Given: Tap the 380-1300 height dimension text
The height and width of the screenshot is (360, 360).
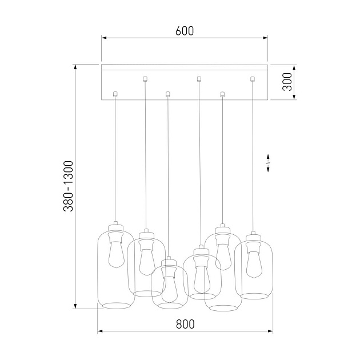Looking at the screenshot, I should (x=69, y=187).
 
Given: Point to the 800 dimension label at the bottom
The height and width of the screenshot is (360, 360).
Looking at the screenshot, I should (x=185, y=323).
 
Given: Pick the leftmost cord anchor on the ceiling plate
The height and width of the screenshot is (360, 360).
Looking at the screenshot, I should (x=115, y=94).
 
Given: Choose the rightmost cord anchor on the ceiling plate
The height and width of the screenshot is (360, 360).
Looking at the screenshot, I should (x=252, y=79).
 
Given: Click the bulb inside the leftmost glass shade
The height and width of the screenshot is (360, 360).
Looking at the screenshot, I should (x=115, y=254).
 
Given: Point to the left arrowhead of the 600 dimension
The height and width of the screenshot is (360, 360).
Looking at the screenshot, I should (x=104, y=38).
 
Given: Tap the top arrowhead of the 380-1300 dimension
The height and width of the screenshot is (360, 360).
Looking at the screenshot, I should (x=75, y=66).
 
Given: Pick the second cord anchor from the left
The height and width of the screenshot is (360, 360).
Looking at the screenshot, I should (x=145, y=79).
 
